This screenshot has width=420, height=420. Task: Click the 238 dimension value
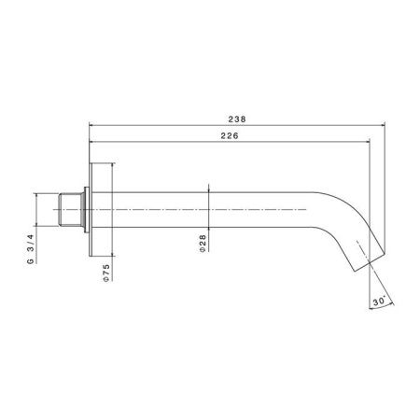coord(237,119)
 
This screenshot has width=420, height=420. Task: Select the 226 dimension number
coord(230,136)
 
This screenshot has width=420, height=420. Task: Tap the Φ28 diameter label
coord(203,244)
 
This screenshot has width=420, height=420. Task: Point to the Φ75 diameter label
coord(106,273)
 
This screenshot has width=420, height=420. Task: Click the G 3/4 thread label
coord(30,249)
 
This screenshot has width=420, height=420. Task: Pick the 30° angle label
coord(379,301)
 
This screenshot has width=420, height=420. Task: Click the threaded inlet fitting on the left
coord(72,210)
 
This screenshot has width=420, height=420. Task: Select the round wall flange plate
coord(91,210)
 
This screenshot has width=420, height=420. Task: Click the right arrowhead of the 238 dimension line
coord(383,125)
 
